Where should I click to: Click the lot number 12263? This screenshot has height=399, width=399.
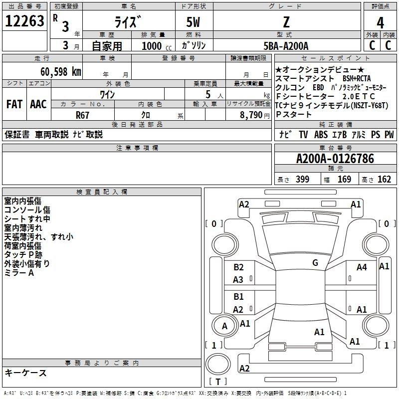(x=24, y=21)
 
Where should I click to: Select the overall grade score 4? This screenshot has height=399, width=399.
(x=380, y=23)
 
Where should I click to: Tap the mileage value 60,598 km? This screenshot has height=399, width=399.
(x=61, y=72)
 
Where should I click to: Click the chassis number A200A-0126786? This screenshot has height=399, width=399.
(x=335, y=159)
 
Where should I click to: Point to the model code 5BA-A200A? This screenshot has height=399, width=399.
(x=286, y=46)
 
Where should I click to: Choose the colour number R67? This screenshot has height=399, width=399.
(x=82, y=115)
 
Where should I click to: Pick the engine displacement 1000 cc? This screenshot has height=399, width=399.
(x=157, y=46)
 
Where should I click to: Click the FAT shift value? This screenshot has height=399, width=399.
(x=14, y=104)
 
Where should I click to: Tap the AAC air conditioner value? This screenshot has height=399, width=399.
(x=38, y=104)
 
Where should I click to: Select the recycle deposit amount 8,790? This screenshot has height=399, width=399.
(x=251, y=115)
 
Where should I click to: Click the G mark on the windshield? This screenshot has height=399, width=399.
(x=315, y=263)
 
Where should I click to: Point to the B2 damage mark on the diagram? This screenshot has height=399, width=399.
(x=238, y=267)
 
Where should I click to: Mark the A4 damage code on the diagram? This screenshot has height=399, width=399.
(x=362, y=267)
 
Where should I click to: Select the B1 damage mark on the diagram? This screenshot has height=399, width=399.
(x=238, y=296)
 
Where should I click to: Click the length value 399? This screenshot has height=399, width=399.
(x=302, y=179)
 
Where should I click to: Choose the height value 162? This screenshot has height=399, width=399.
(x=384, y=179)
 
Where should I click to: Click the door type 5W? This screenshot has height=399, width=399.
(x=193, y=22)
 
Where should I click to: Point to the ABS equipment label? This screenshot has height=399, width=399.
(x=321, y=135)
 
